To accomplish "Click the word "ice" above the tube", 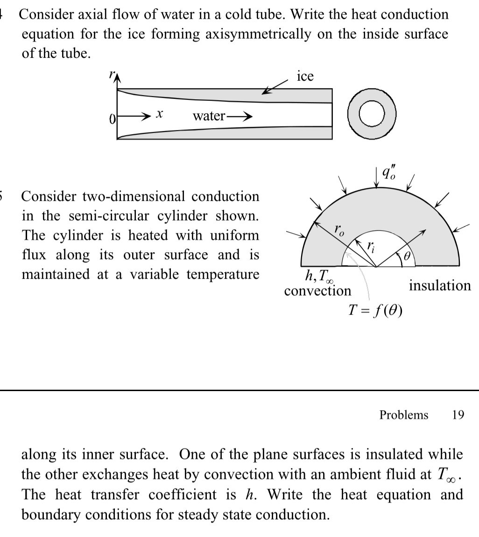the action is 305,76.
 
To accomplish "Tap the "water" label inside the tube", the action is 209,116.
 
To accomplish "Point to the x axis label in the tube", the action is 160,114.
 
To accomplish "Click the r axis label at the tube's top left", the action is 111,75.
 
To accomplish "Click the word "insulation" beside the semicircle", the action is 440,285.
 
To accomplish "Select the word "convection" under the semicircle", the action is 317,291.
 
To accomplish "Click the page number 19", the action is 458,414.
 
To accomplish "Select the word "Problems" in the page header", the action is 403,414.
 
